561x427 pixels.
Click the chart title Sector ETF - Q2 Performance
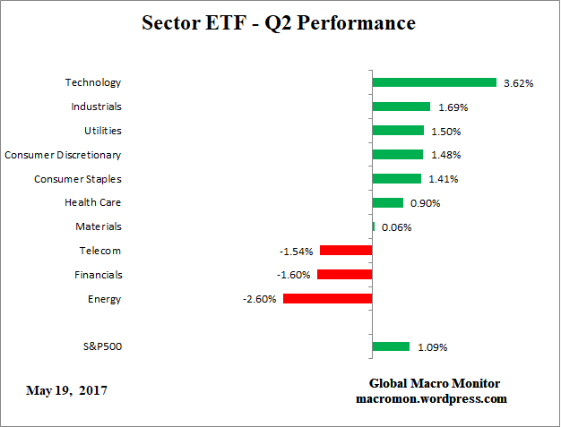[x=279, y=23]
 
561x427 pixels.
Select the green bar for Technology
[x=434, y=82]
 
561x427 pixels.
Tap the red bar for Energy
[x=327, y=299]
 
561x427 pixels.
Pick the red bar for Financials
[x=344, y=275]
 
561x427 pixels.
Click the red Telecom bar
[x=345, y=251]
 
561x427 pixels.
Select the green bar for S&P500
[x=391, y=346]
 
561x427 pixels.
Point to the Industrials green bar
[x=401, y=107]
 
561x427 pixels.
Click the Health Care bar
[x=387, y=202]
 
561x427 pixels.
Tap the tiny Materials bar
[x=374, y=226]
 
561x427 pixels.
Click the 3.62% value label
[x=519, y=83]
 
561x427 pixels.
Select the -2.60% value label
[x=261, y=300]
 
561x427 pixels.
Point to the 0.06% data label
[x=397, y=227]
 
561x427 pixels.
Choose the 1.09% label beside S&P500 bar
[x=432, y=347]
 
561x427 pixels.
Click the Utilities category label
[x=102, y=131]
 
